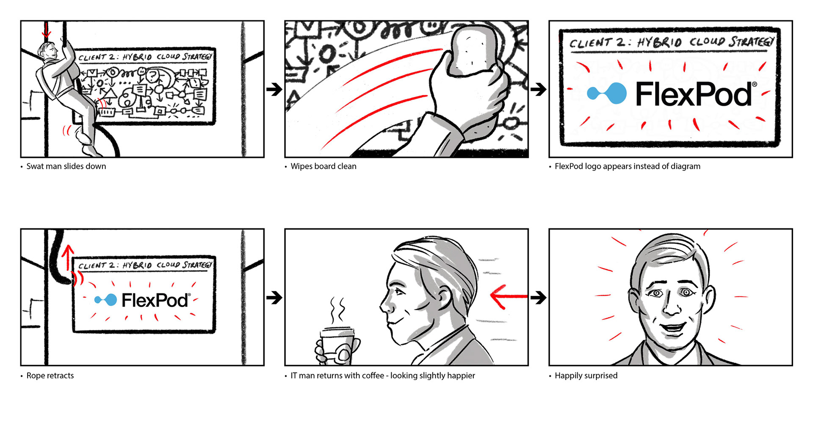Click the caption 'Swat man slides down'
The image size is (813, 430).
66,166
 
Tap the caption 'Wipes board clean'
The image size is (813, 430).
323,166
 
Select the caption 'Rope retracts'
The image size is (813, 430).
50,375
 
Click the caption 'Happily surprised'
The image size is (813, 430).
586,375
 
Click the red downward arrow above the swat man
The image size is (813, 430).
46,30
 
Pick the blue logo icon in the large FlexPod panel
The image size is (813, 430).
607,93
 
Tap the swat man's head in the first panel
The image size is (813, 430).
47,52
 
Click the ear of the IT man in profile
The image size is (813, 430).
445,296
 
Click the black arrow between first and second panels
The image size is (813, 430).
274,89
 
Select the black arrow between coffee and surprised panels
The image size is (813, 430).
538,298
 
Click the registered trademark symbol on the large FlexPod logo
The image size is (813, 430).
754,85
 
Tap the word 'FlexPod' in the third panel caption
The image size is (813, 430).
569,166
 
